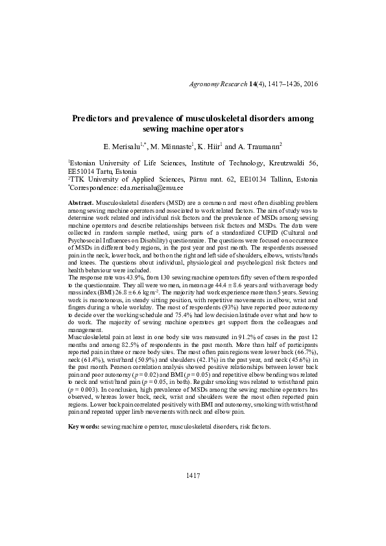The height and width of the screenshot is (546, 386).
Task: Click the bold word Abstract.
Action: coord(80,203)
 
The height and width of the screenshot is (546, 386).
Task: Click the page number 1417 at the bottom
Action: coord(192,475)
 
